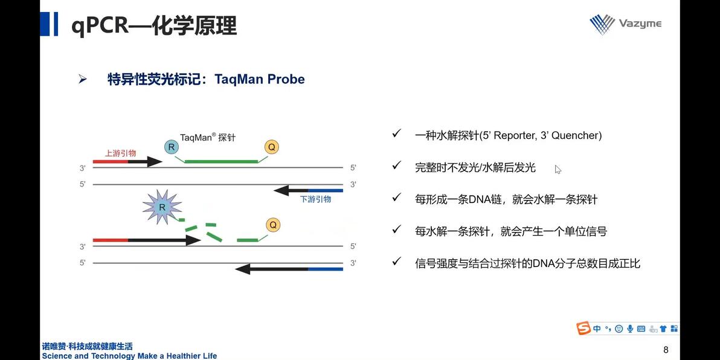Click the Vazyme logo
tap(625, 24)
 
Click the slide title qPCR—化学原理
tap(153, 26)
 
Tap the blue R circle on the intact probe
tap(172, 146)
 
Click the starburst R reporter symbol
tap(161, 207)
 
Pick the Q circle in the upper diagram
tap(272, 147)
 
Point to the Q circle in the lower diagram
tap(273, 225)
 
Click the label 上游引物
tap(120, 153)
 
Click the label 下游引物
tap(315, 199)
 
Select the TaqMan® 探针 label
tap(207, 137)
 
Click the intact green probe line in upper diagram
tap(221, 162)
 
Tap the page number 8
tap(666, 350)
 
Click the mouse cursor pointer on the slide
tap(558, 169)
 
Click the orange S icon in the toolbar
tap(583, 329)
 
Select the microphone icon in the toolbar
tap(630, 329)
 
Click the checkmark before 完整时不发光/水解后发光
tap(396, 166)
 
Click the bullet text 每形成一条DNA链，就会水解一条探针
tap(506, 199)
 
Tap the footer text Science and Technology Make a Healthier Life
tap(129, 356)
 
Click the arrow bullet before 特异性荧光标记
tap(83, 79)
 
